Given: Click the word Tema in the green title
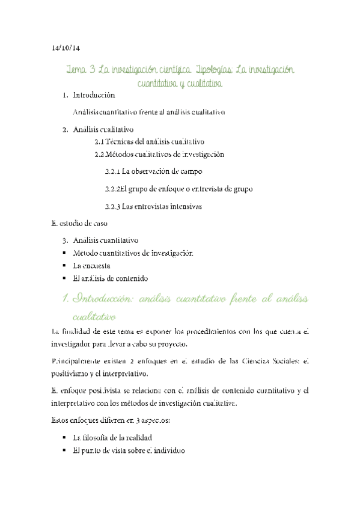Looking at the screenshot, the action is coord(78,70).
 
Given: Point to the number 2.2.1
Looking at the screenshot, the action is coord(112,171).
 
